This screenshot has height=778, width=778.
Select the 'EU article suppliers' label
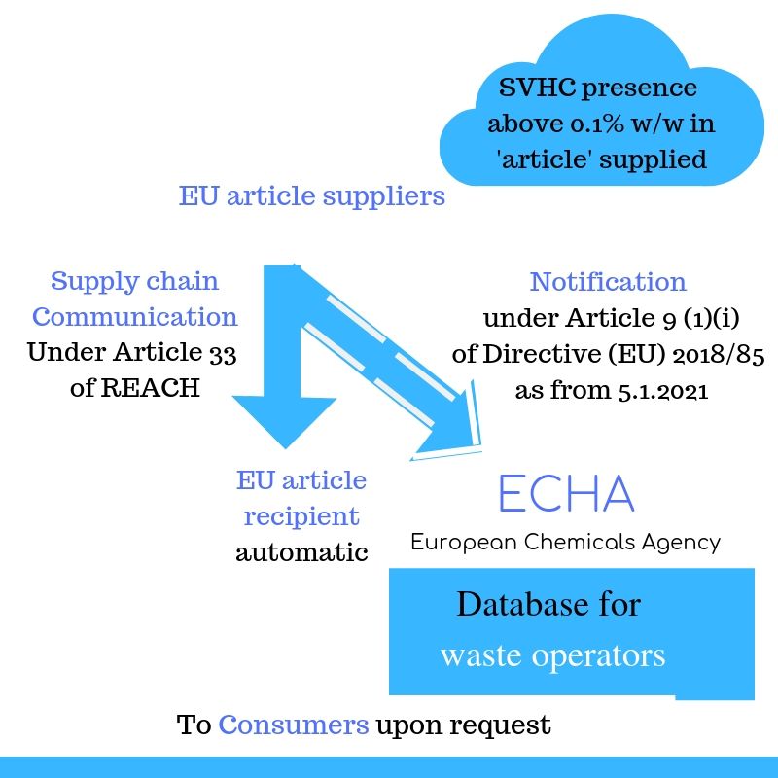311,195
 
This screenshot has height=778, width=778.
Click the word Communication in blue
135,317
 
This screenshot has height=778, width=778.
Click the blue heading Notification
608,282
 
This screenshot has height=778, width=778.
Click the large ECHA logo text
565,494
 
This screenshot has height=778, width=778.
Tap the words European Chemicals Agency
565,542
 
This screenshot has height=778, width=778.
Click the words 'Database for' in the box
548,605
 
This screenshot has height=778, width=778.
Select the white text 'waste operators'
552,654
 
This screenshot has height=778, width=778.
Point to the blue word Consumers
293,725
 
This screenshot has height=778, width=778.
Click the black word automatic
301,552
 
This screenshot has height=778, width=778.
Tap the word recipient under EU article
301,516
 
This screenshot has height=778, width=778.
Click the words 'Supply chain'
134,282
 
